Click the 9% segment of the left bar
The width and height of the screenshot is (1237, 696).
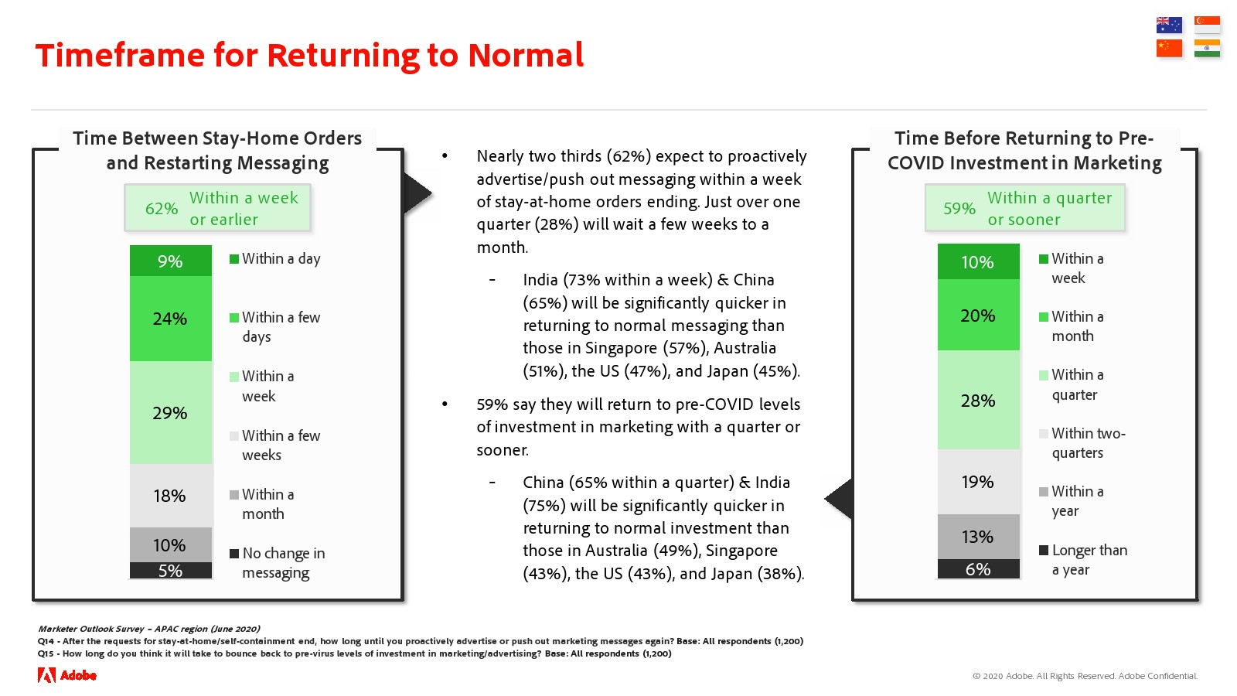click(x=171, y=260)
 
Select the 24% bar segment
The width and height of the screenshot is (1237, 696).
click(x=171, y=318)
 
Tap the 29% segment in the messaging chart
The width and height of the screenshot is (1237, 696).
click(x=171, y=412)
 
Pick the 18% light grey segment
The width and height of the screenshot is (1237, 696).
click(x=171, y=496)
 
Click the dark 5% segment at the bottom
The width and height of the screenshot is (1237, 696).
click(x=171, y=570)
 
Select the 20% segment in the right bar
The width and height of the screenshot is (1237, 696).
click(x=978, y=315)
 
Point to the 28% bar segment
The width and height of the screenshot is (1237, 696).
click(x=978, y=400)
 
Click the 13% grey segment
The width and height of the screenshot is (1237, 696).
click(x=978, y=537)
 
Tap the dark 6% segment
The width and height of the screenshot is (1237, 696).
click(x=978, y=569)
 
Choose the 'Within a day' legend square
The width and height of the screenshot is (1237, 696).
click(x=234, y=258)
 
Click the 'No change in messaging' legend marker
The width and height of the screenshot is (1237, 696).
click(x=234, y=553)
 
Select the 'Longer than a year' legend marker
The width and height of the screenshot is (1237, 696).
click(x=1043, y=550)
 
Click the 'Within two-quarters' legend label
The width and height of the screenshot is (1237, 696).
click(x=1089, y=443)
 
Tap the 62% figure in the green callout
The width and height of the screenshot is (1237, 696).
click(x=162, y=209)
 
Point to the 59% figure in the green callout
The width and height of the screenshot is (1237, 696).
click(x=959, y=209)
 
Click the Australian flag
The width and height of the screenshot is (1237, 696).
click(x=1169, y=25)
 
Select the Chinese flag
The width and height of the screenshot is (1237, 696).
click(x=1169, y=49)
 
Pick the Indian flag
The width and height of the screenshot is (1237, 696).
click(x=1207, y=49)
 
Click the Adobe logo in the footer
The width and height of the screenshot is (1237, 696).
click(x=66, y=675)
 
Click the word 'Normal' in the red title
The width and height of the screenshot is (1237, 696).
click(x=526, y=55)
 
